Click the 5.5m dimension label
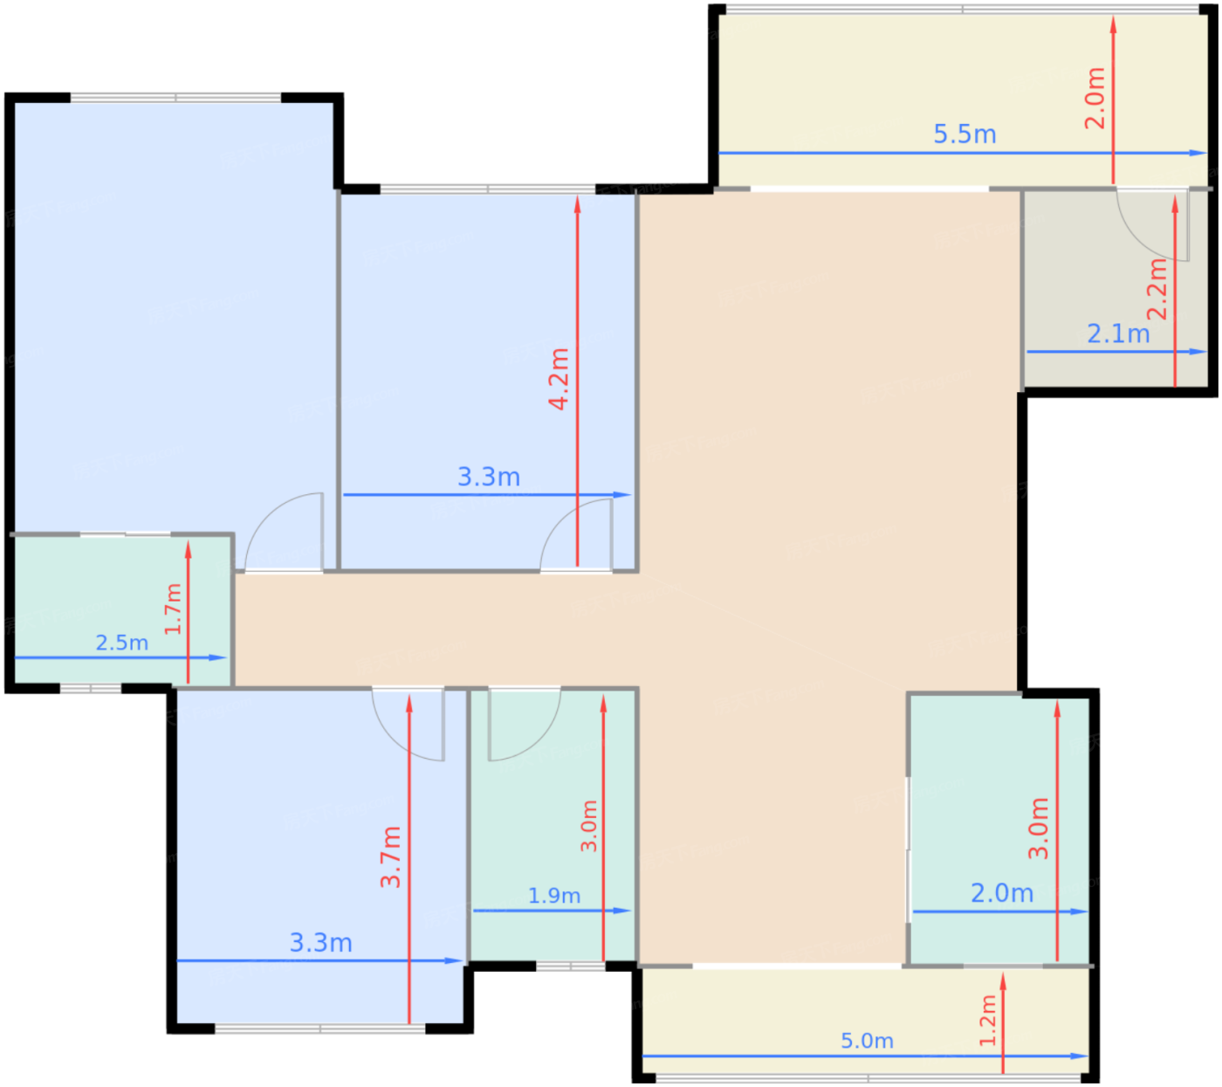click(x=965, y=134)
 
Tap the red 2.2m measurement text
click(x=1157, y=289)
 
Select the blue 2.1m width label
click(x=1118, y=334)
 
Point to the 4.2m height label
click(x=559, y=378)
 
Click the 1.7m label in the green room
click(x=173, y=609)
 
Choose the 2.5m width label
click(x=121, y=643)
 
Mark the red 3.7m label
click(x=390, y=857)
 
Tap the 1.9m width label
click(x=553, y=896)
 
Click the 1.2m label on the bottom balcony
click(x=987, y=1020)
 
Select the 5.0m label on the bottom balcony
click(x=867, y=1041)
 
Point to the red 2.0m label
click(x=1095, y=98)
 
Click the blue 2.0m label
click(x=1002, y=893)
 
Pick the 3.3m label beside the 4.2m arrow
click(x=489, y=477)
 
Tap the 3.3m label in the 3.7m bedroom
click(x=320, y=943)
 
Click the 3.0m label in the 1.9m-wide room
click(x=589, y=825)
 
